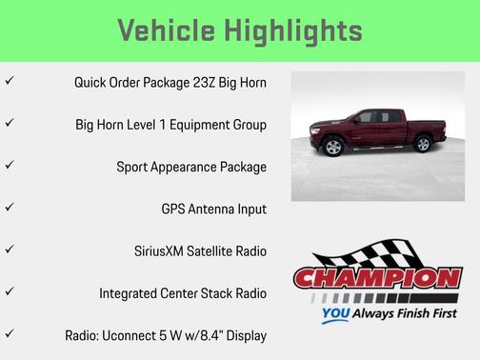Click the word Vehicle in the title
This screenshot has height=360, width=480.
tap(168, 30)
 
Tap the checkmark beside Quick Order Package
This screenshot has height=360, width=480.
tap(10, 82)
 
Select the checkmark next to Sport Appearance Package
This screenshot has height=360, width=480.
tap(10, 166)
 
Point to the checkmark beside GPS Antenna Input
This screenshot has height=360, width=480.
tap(10, 208)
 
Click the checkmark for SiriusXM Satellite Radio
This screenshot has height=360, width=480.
tap(10, 250)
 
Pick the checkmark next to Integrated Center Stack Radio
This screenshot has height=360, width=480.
tap(10, 291)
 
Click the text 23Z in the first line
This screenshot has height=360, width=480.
tap(201, 83)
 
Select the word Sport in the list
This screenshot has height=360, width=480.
tap(134, 167)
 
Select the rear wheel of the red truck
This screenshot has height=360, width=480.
tap(422, 144)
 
